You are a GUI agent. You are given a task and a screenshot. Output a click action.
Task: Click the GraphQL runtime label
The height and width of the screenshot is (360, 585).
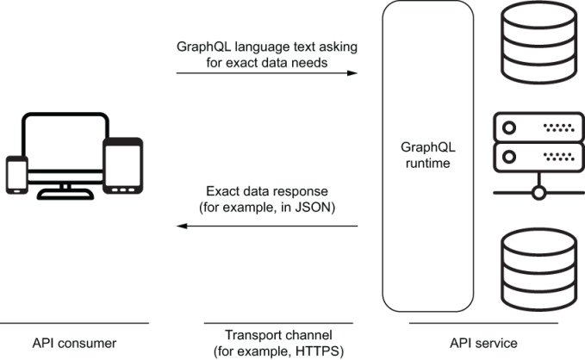(428, 153)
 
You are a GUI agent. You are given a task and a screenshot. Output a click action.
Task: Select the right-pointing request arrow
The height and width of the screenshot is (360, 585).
(267, 73)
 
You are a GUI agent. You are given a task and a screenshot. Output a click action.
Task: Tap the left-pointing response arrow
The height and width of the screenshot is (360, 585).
(267, 227)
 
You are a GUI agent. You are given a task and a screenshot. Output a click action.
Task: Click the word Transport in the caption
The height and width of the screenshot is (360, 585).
(249, 335)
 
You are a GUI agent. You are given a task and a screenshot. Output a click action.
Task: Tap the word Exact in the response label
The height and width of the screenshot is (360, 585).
(221, 190)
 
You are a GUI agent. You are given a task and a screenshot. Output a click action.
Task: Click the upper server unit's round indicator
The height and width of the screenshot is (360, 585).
(508, 127)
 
